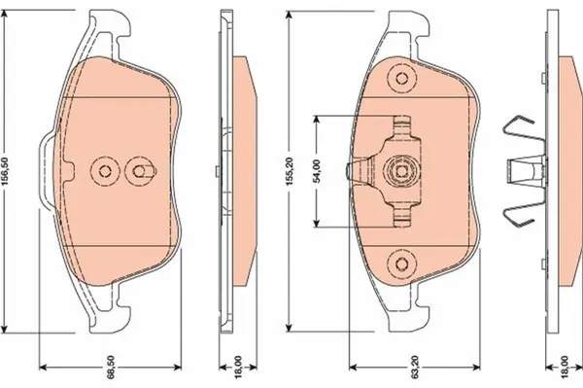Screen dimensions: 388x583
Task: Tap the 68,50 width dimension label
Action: coord(113,370)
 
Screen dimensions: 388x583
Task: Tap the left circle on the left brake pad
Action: coord(103,171)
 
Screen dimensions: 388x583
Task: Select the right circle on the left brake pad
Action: coord(142,172)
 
